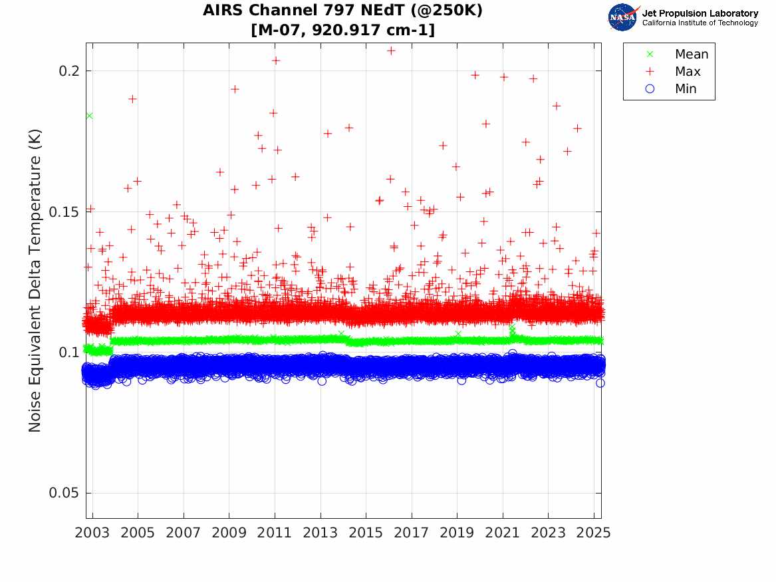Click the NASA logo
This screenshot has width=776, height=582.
coord(622,17)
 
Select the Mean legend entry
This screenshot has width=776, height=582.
coord(691,55)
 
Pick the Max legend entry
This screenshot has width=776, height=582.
coord(688,72)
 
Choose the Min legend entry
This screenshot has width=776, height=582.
coord(686,89)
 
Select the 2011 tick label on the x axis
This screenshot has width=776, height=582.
coord(275,533)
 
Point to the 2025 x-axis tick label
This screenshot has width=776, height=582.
coord(594,533)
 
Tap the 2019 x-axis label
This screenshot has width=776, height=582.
coord(457,533)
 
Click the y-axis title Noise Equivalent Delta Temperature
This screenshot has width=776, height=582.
coord(35,280)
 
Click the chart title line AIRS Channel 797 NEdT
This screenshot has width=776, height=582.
coord(343,11)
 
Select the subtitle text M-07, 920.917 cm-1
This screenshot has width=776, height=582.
coord(343,30)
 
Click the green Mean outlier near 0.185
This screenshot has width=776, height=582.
coord(89,116)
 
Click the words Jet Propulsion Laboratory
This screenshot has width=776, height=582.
coord(700,13)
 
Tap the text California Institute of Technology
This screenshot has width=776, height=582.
coord(700,23)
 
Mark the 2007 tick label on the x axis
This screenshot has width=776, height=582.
coord(184,533)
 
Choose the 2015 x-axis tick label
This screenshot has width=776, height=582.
coord(366,533)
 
